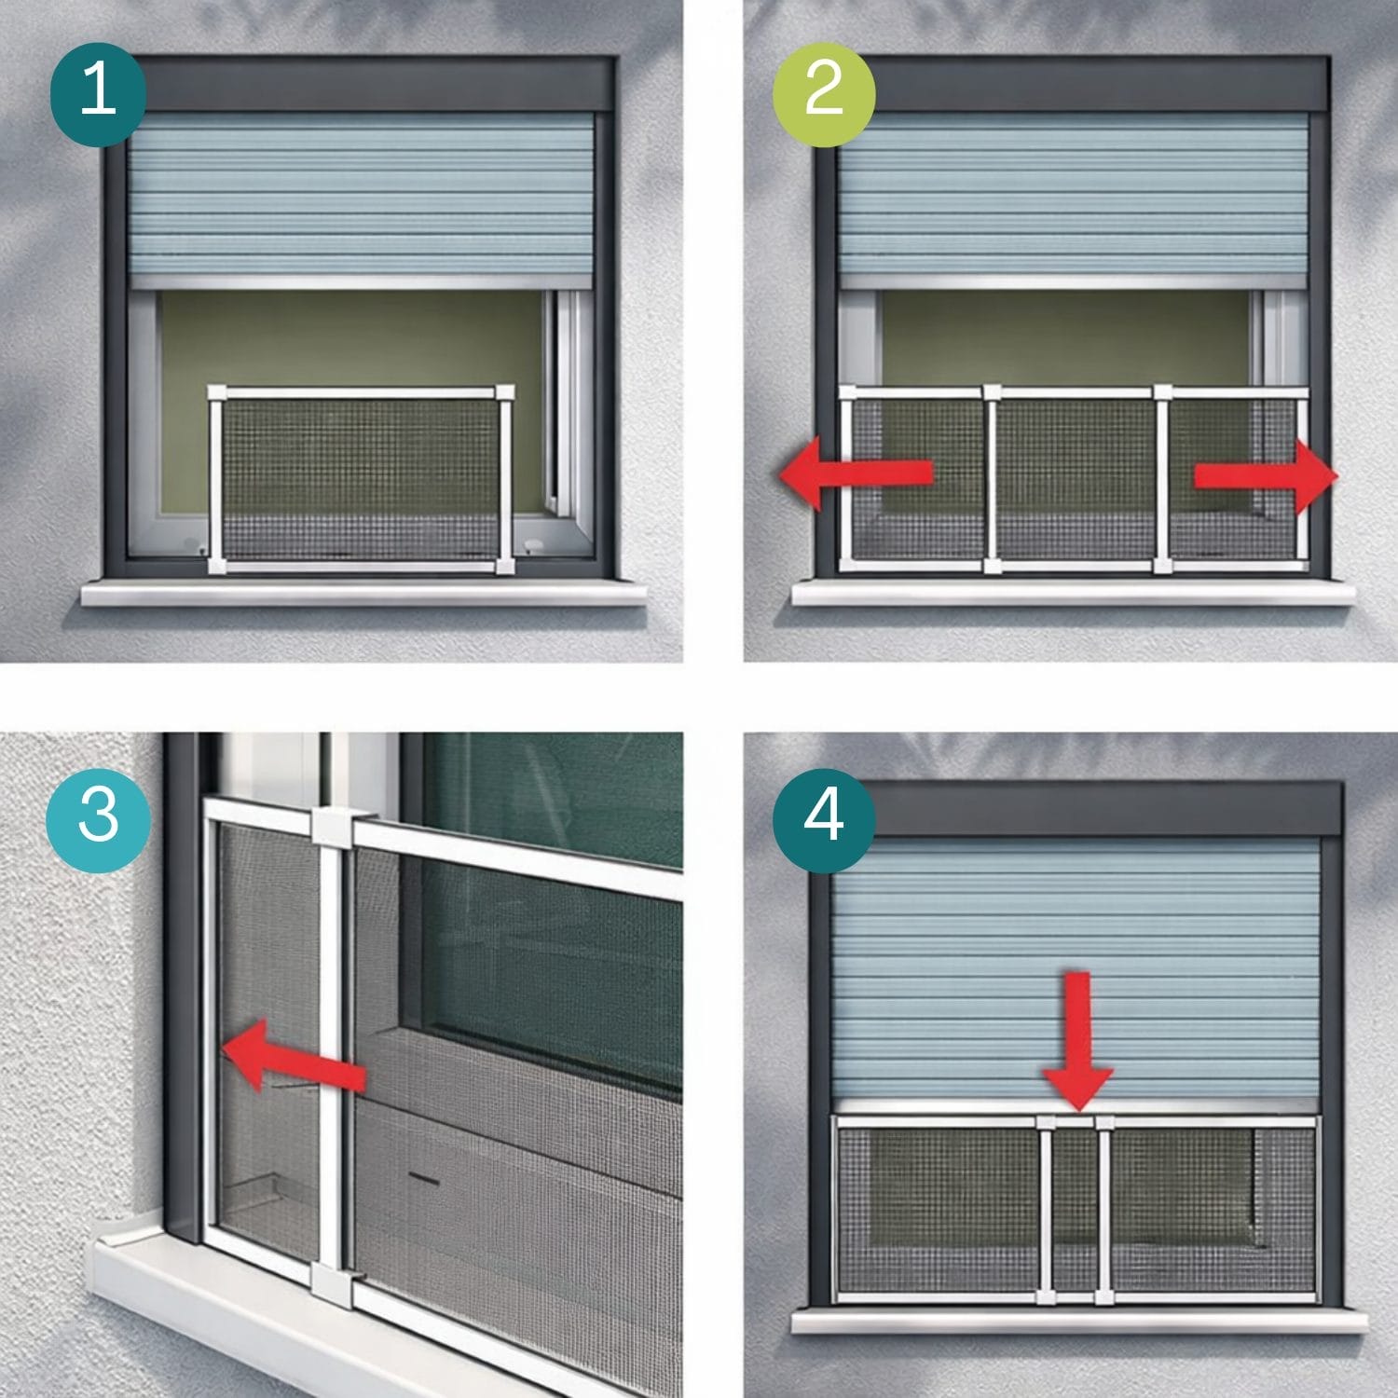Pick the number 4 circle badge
(x=825, y=815)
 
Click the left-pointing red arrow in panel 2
(x=856, y=473)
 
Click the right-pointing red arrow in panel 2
(x=1267, y=476)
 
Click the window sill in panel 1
(x=363, y=593)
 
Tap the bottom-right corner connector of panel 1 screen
(x=505, y=565)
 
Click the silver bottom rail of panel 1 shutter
(x=361, y=282)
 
